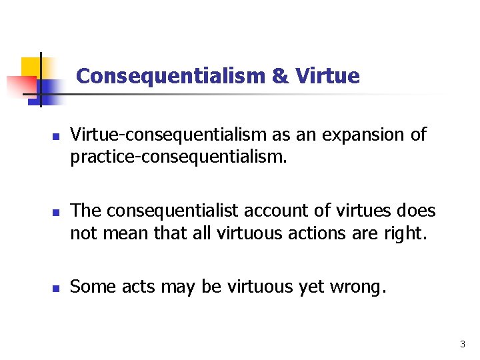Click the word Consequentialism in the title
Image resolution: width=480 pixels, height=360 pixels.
pos(171,76)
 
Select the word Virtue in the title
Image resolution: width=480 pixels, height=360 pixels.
pos(327,76)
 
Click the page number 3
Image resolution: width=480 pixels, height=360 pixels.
pos(462,345)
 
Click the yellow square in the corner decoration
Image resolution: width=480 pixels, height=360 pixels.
pos(31,67)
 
